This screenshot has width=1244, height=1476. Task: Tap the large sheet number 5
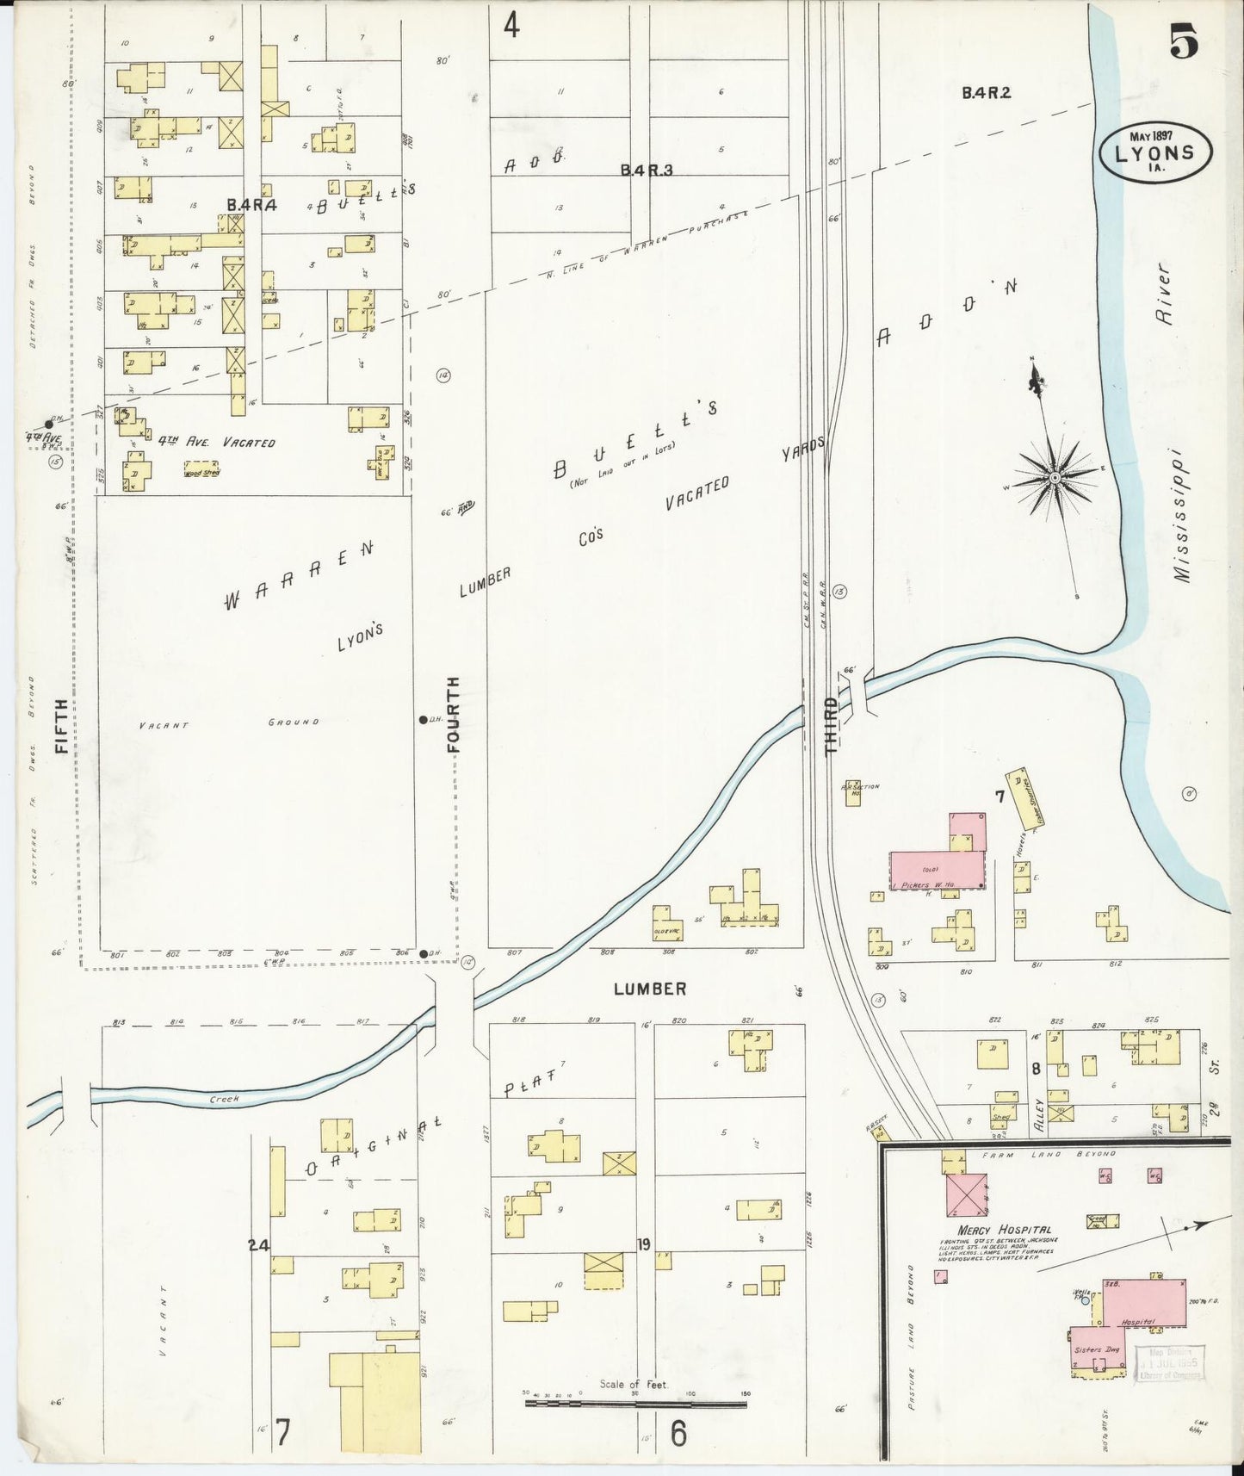click(x=1185, y=40)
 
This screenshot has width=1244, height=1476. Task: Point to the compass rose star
click(x=1055, y=476)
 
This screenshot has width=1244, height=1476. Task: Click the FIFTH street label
click(x=61, y=725)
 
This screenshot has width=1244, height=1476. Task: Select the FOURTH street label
click(x=455, y=715)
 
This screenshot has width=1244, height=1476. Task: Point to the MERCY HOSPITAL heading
click(x=1004, y=1230)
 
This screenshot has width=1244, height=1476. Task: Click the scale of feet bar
click(x=635, y=1404)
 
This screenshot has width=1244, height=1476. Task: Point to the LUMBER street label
click(x=650, y=989)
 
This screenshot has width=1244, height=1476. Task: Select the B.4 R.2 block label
click(x=986, y=93)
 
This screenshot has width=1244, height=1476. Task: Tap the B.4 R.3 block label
click(x=646, y=170)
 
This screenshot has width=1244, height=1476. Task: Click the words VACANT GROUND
click(x=228, y=723)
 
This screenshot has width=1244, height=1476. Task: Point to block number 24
click(x=258, y=1243)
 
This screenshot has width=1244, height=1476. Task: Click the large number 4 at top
click(x=511, y=26)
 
